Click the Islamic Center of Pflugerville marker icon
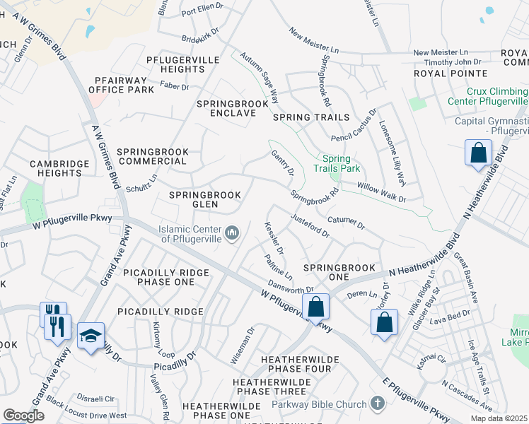[232, 232]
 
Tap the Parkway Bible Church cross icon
[378, 404]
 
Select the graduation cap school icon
[91, 336]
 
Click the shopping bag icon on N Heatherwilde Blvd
[478, 153]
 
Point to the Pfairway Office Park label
[121, 85]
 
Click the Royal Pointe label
[451, 73]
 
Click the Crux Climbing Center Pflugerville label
[497, 97]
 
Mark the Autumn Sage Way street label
[258, 73]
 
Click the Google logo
[23, 416]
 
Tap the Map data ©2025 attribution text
[499, 418]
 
